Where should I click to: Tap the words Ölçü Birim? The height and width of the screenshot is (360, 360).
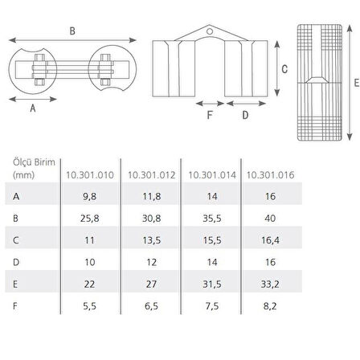click(31, 162)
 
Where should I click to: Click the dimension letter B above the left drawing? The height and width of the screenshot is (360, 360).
click(72, 32)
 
